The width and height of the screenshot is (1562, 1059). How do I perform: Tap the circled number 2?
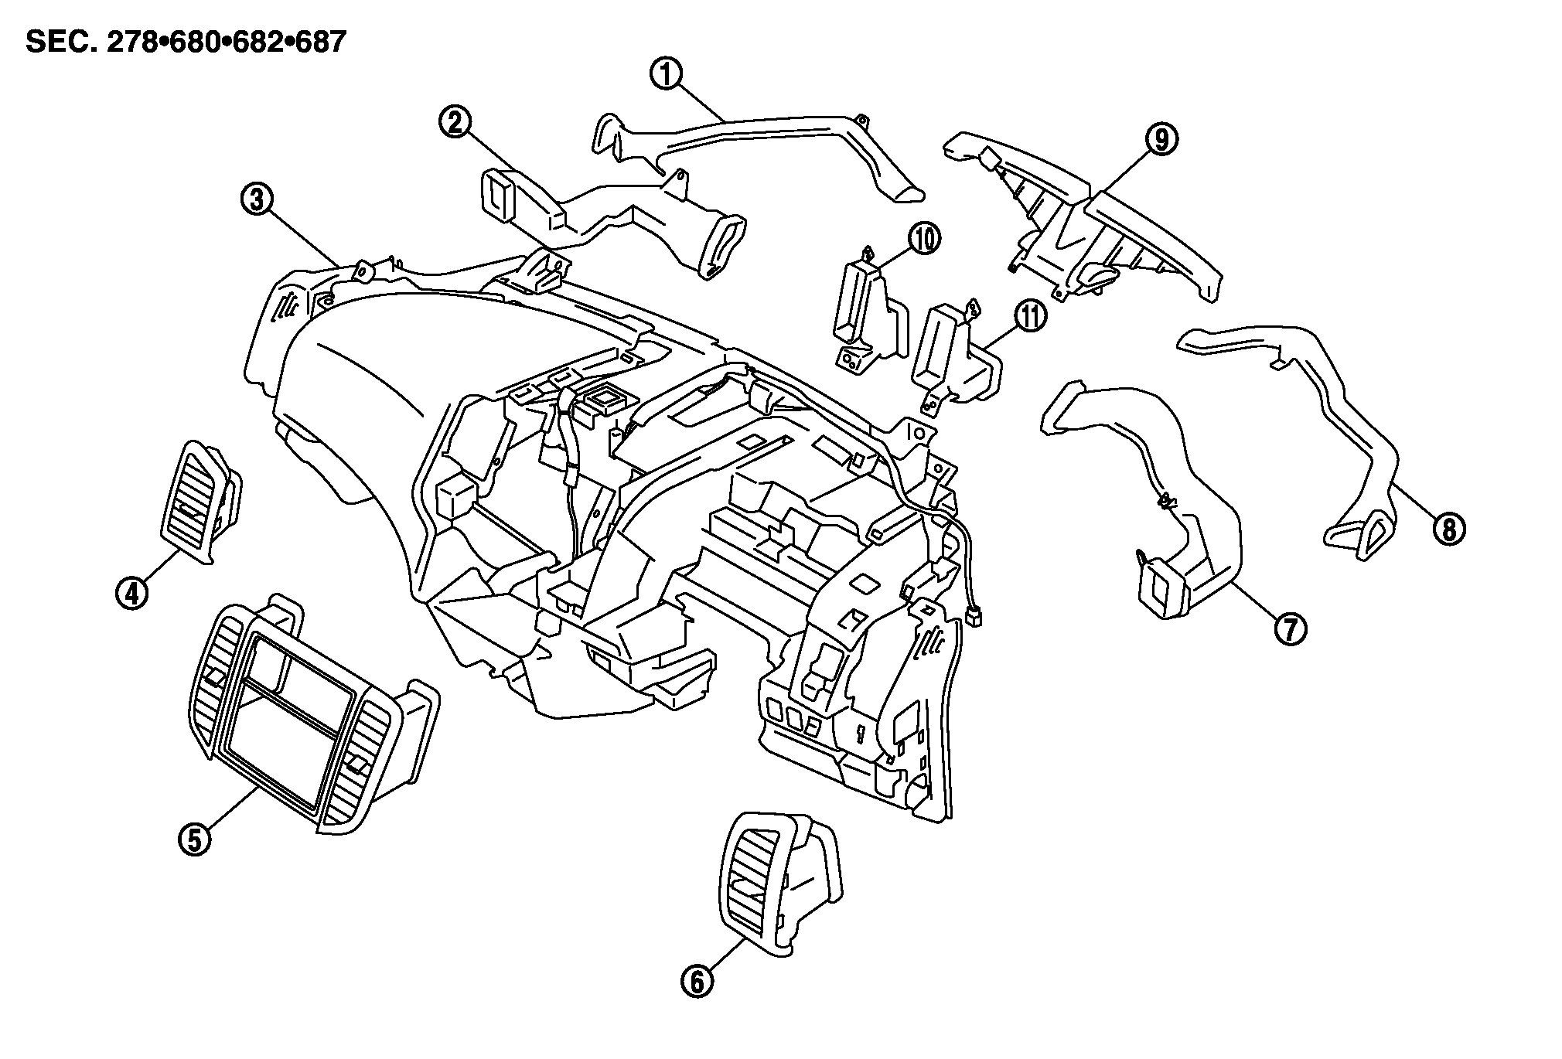455,122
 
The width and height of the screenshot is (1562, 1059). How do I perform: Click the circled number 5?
194,837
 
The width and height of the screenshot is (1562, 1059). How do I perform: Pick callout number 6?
696,981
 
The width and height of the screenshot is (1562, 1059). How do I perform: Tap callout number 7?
1290,628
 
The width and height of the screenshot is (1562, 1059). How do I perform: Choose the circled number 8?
1448,529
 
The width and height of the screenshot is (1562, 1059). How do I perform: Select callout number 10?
924,239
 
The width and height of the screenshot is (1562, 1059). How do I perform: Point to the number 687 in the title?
318,42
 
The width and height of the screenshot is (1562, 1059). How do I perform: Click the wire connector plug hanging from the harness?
977,616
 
